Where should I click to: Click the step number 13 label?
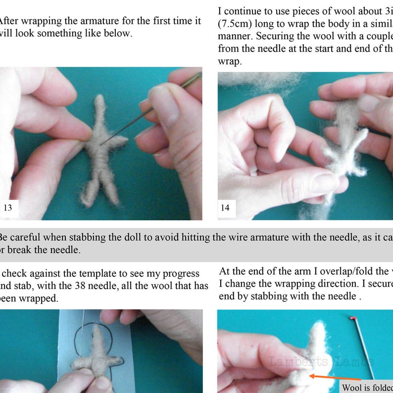[8, 208]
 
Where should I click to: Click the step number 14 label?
[225, 208]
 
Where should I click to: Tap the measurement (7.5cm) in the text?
[235, 23]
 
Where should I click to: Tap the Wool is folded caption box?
[366, 387]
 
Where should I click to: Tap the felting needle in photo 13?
[144, 114]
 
